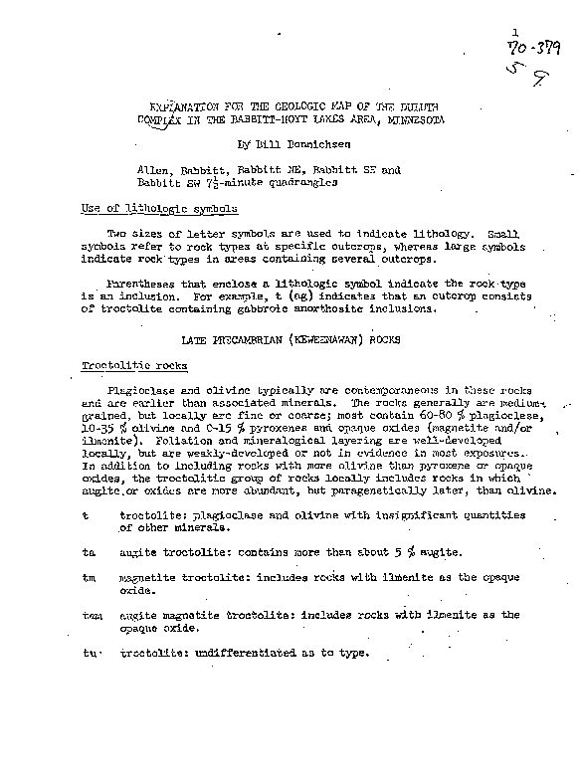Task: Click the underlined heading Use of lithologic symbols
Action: [159, 209]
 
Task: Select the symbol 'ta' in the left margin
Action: [89, 550]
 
